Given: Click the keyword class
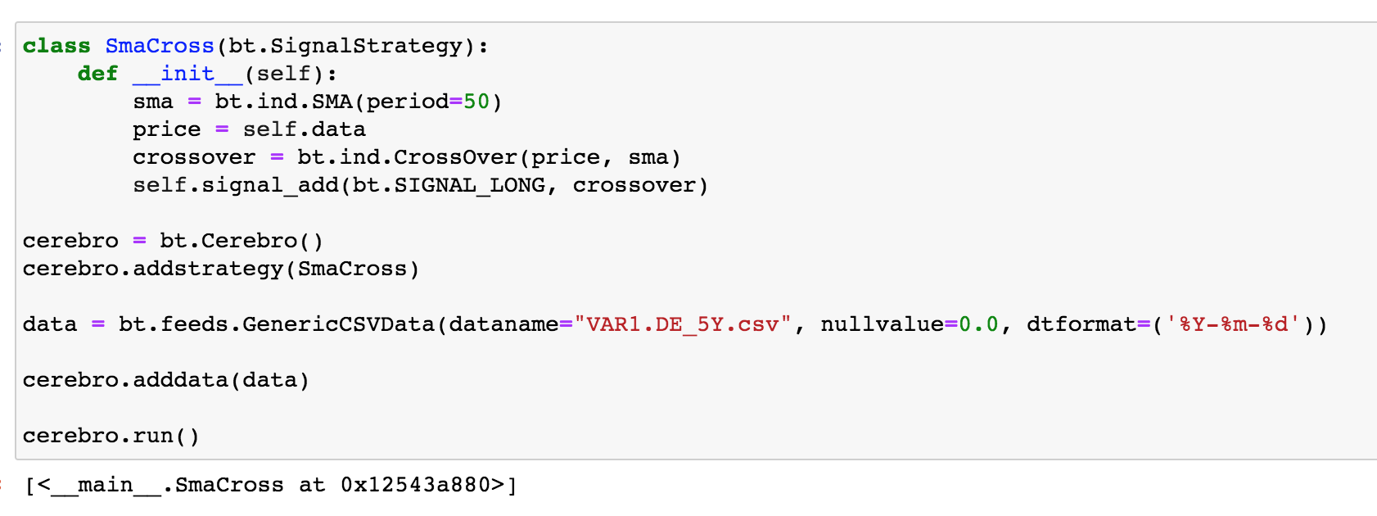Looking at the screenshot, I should [56, 46].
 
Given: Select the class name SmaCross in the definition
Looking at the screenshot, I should [160, 46].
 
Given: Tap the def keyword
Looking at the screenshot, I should [97, 74].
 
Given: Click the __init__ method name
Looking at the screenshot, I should [187, 74].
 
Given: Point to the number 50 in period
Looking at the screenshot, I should [476, 102].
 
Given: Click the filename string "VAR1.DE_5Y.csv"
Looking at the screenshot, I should [683, 324].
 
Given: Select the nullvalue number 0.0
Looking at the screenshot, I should [978, 324].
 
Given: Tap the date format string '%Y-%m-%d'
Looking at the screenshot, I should [1233, 324].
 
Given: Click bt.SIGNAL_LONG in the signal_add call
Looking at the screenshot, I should [449, 185].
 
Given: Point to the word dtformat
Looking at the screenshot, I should [1081, 324].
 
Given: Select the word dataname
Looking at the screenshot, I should [503, 324].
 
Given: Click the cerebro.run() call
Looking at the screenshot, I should [111, 436].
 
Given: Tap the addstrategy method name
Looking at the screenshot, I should [208, 269].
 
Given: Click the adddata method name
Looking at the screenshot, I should [180, 380].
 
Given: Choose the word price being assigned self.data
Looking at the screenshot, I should [166, 129].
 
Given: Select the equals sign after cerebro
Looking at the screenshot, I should [139, 241].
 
